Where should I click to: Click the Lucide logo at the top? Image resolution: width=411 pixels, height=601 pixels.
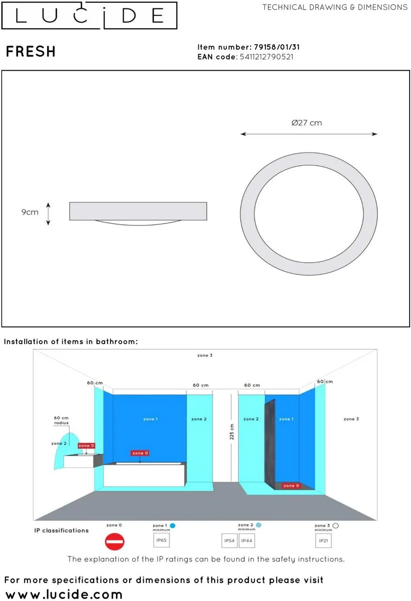(89, 16)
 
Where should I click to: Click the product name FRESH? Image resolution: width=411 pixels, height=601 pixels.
(31, 51)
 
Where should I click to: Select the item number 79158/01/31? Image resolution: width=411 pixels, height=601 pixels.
(277, 47)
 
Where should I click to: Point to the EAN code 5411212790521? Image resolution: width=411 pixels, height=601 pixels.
(266, 57)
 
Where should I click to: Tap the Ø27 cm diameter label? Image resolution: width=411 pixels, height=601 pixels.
(307, 123)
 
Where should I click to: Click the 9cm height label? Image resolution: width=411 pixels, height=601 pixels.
(30, 212)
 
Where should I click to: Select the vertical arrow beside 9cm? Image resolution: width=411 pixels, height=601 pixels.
(48, 214)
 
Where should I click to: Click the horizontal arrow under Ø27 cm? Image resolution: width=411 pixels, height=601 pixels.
(309, 134)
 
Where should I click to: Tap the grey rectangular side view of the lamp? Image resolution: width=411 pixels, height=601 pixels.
(138, 211)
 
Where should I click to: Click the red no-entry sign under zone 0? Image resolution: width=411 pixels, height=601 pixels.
(115, 541)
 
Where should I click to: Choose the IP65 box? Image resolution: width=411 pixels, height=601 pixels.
(161, 540)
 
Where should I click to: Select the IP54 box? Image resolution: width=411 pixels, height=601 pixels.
(229, 541)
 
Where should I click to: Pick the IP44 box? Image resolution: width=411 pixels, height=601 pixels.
(247, 541)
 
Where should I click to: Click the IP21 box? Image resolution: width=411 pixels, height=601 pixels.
(323, 541)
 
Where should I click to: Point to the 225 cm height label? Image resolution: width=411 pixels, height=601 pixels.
(232, 432)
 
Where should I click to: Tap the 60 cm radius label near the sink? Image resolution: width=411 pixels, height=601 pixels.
(62, 420)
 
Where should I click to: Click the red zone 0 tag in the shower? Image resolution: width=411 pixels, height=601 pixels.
(291, 486)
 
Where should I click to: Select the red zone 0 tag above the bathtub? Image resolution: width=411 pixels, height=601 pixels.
(140, 453)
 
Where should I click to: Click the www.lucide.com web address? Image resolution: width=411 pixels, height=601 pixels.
(64, 594)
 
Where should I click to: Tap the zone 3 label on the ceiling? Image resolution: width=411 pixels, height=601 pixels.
(205, 356)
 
